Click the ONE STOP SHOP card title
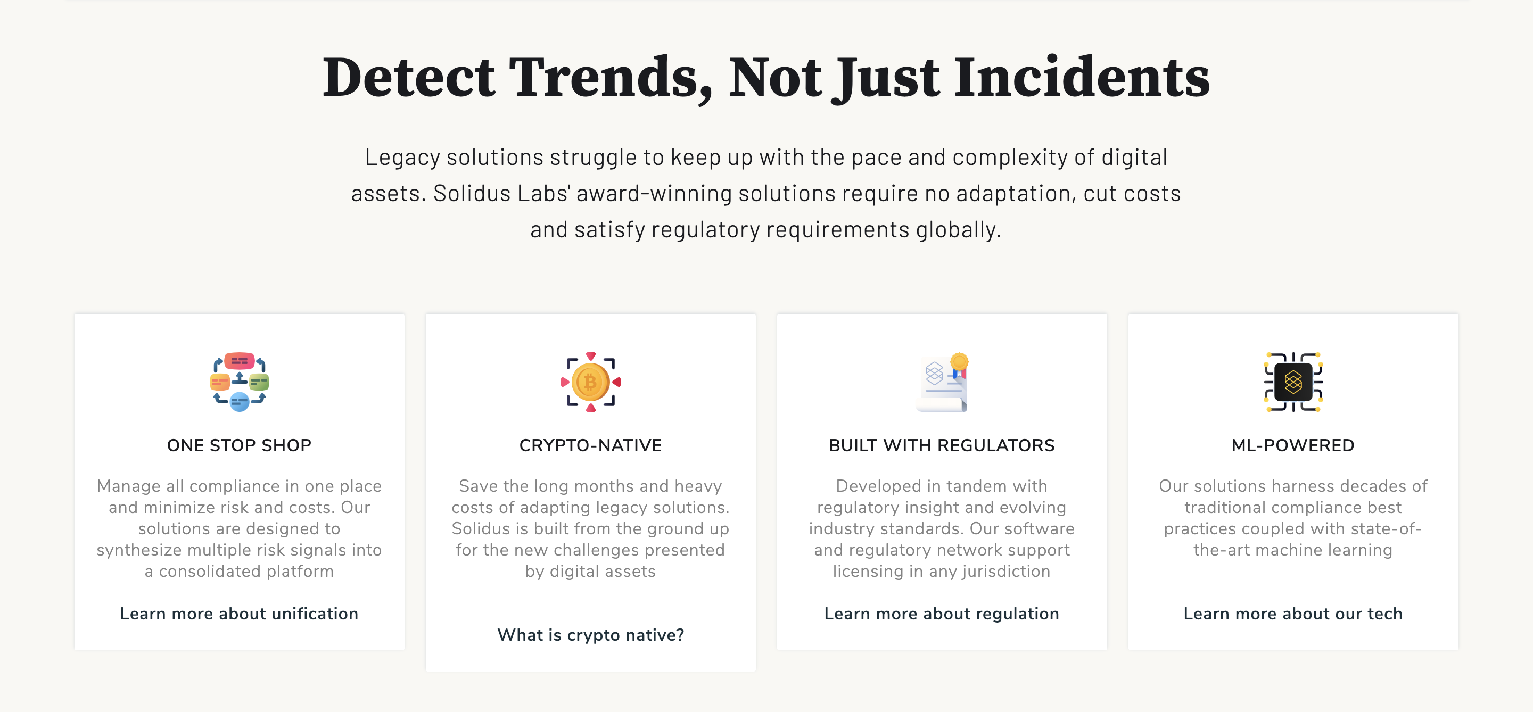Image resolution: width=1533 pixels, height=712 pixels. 239,445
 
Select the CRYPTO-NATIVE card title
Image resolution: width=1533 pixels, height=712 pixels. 590,445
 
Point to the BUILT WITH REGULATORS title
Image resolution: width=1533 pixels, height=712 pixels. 942,445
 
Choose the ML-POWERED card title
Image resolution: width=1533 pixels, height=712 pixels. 1292,445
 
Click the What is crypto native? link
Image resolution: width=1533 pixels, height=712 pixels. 590,635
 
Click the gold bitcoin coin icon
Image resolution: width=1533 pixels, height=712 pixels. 590,382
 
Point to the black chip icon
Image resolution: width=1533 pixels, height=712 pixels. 1292,382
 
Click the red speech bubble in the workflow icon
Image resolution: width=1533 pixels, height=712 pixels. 239,360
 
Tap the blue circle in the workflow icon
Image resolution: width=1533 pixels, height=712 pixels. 239,402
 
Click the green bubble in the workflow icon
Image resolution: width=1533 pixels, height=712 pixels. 259,382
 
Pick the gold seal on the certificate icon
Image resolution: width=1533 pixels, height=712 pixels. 959,361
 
